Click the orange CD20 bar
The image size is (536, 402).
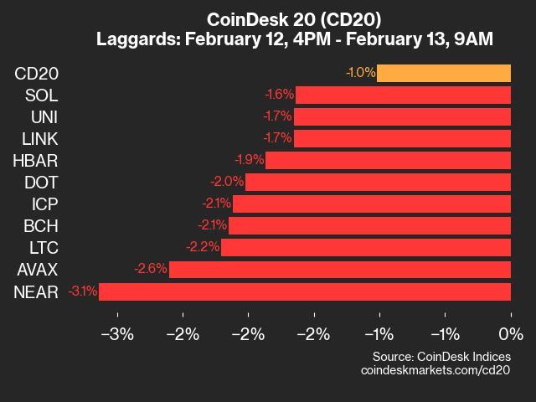tap(444, 73)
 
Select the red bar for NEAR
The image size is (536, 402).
tap(305, 291)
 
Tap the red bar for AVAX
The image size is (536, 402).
tap(340, 270)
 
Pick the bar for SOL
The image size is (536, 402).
tap(403, 95)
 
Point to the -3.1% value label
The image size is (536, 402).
tap(83, 291)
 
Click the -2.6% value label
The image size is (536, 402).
tap(151, 270)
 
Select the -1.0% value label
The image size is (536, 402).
tap(360, 73)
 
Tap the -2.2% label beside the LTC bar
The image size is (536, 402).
tap(204, 247)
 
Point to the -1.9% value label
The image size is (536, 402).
tap(249, 160)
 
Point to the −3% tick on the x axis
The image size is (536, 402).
tap(117, 335)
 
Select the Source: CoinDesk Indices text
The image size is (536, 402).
tap(442, 356)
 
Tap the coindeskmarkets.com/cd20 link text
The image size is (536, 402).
tap(435, 369)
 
